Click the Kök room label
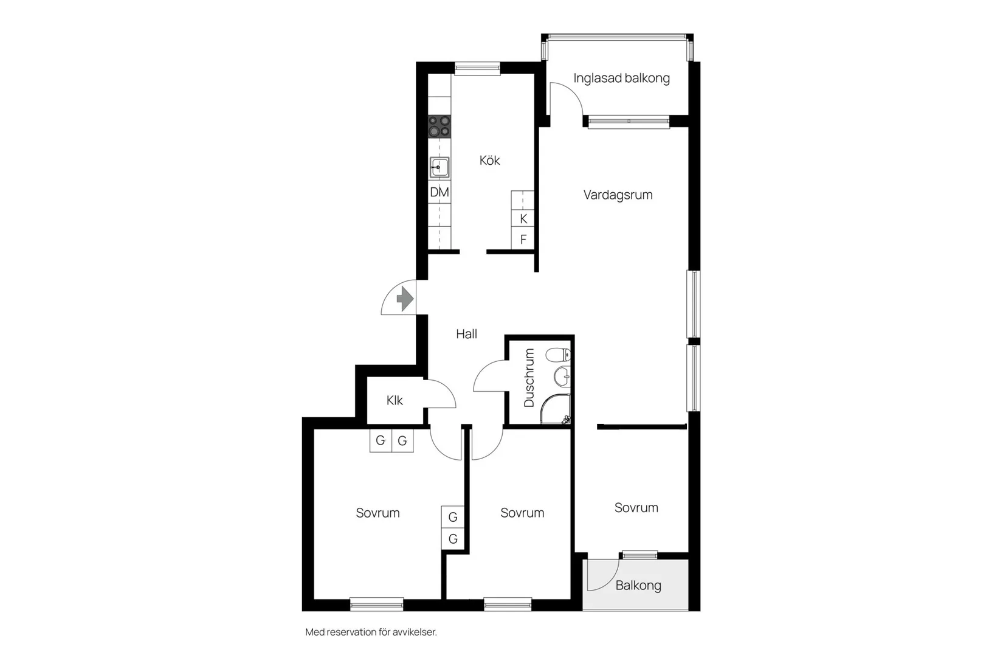(489, 161)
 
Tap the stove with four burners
(439, 127)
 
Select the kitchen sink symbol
(439, 168)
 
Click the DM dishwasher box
(439, 192)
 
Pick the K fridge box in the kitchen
(523, 219)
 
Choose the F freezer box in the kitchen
(523, 240)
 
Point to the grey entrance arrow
(405, 299)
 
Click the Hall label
(467, 334)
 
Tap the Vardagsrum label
(618, 195)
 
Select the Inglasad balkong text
(621, 78)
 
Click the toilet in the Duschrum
(558, 355)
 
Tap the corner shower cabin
(555, 409)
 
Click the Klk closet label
(395, 400)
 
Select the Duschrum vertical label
(529, 378)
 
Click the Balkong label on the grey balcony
(638, 585)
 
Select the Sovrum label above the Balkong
(636, 508)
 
